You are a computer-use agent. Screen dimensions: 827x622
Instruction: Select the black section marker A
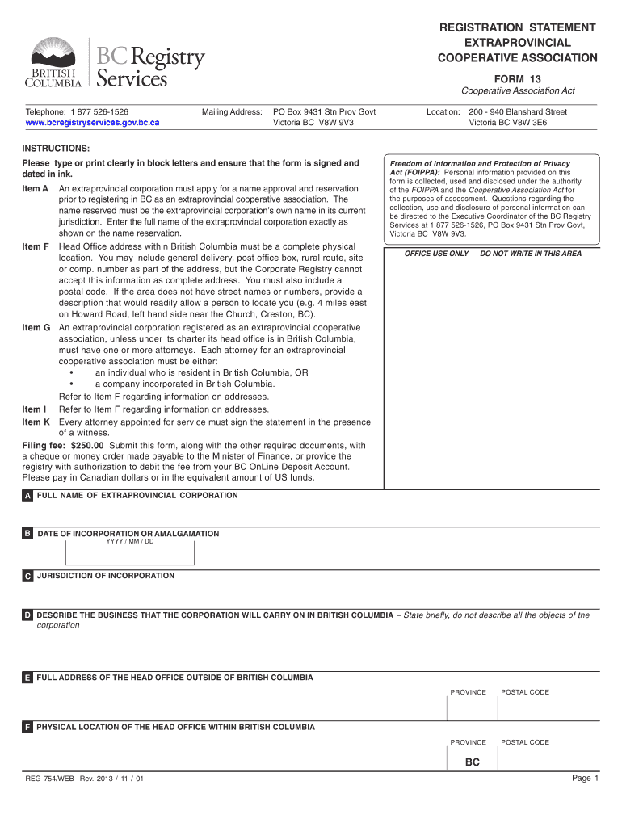pos(27,496)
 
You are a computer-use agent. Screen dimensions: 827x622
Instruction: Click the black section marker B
pos(27,535)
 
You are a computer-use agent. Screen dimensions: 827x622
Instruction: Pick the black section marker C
pos(27,577)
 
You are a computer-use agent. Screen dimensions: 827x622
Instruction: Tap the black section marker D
pos(27,615)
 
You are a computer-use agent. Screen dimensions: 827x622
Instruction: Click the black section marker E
pos(27,678)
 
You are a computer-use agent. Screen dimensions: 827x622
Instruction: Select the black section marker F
pos(27,728)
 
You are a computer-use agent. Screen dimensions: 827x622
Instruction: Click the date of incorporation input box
pos(129,555)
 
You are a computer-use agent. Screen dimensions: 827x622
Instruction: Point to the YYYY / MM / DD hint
pos(129,541)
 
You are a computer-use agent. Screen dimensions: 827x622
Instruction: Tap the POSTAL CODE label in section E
pos(525,692)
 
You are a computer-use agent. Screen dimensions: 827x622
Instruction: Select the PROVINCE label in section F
pos(469,742)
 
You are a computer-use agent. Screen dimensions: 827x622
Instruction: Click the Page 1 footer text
pos(585,779)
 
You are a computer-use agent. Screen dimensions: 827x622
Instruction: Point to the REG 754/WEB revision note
pos(85,779)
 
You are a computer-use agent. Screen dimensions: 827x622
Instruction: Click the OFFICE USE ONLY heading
pos(493,254)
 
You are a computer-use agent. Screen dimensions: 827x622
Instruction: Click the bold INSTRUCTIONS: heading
pos(56,149)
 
